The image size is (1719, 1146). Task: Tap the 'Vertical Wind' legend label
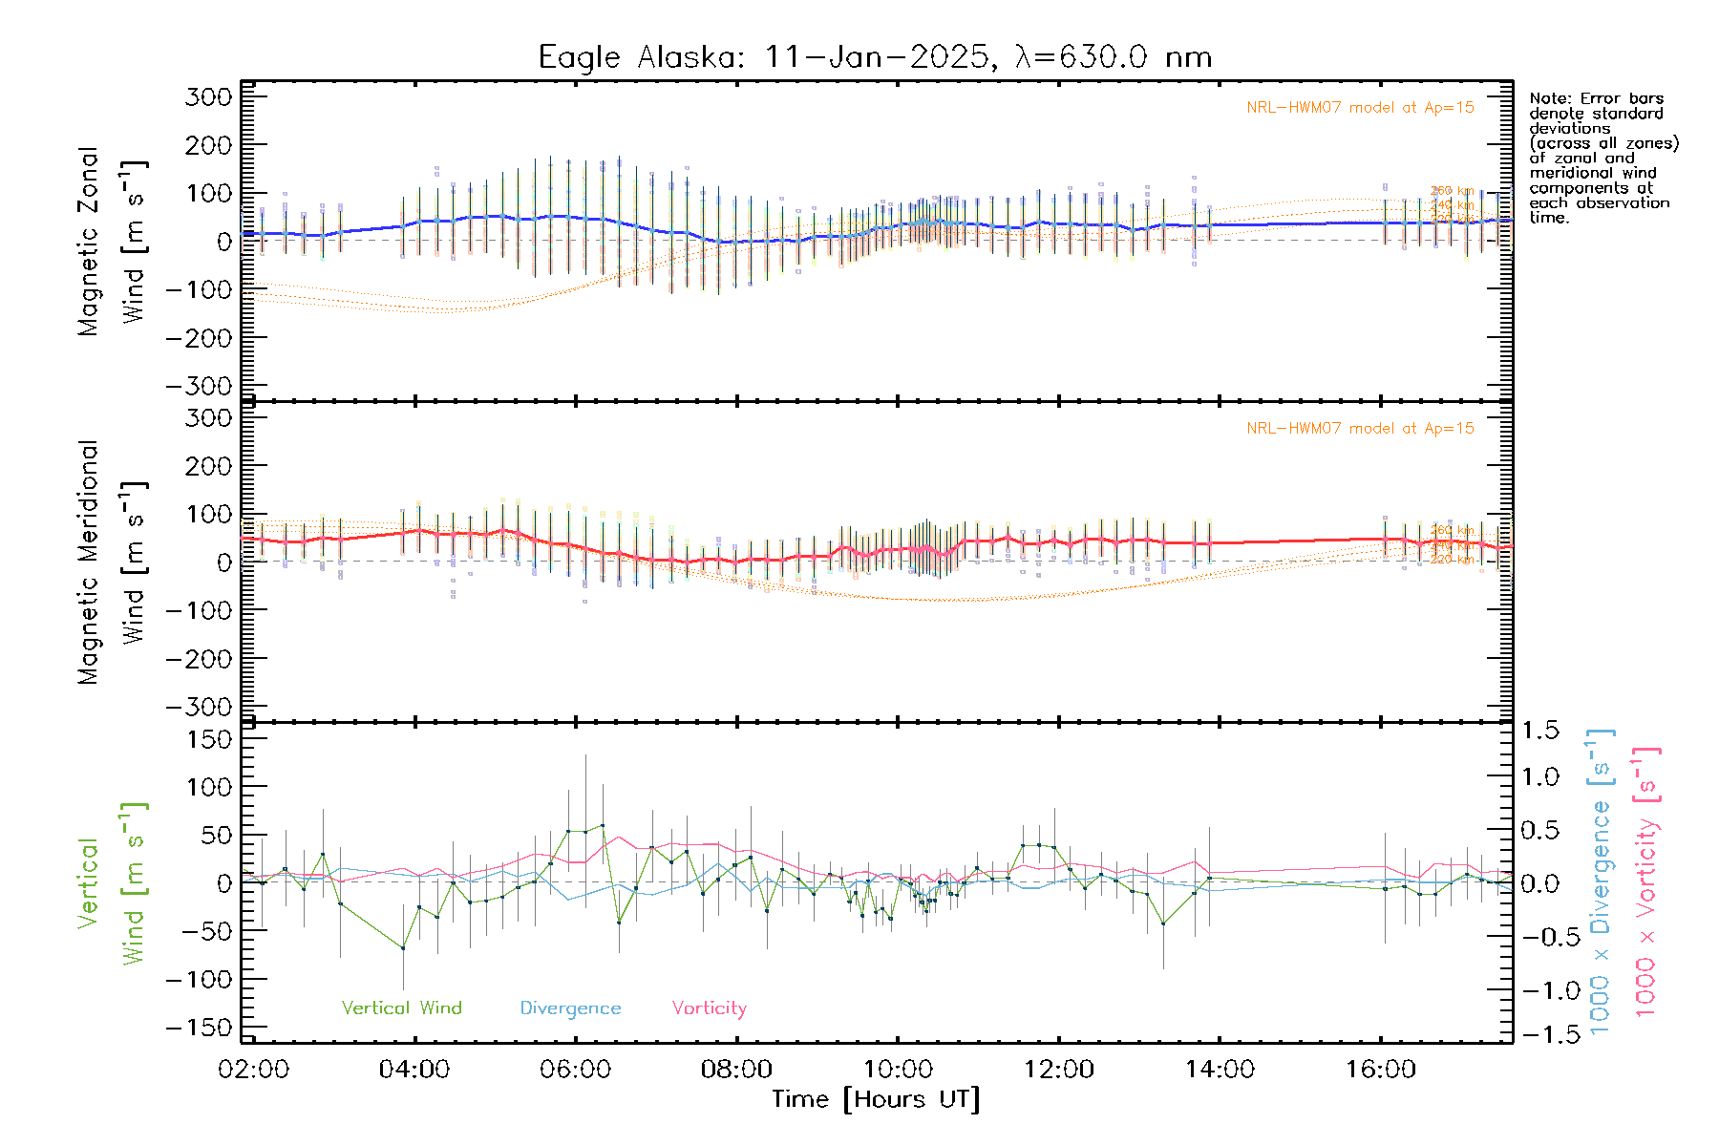pyautogui.click(x=401, y=1008)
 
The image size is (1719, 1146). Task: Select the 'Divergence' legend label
pyautogui.click(x=570, y=1008)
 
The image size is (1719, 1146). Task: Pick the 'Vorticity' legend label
pyautogui.click(x=709, y=1008)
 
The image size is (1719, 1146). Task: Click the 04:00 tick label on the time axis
pyautogui.click(x=414, y=1070)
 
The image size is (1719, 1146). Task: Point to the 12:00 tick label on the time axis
pyautogui.click(x=1058, y=1070)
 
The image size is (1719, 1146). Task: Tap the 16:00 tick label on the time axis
pyautogui.click(x=1380, y=1070)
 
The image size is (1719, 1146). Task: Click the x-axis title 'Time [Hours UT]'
pyautogui.click(x=876, y=1099)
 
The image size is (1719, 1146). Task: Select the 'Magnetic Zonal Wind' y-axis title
pyautogui.click(x=112, y=242)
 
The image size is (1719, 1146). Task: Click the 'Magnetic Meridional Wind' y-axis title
pyautogui.click(x=112, y=562)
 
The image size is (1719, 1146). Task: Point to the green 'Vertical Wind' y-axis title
pyautogui.click(x=112, y=883)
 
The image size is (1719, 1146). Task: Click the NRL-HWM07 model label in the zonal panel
pyautogui.click(x=1360, y=108)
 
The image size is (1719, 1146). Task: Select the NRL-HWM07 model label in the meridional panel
pyautogui.click(x=1360, y=429)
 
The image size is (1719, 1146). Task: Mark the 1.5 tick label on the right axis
pyautogui.click(x=1540, y=731)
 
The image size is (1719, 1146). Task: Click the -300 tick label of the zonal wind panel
pyautogui.click(x=199, y=386)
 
